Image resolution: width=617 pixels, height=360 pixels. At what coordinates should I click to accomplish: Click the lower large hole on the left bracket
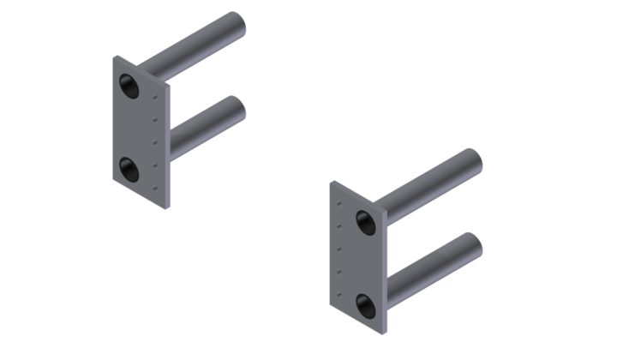coord(130,168)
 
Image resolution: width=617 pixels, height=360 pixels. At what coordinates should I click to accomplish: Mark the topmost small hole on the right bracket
coord(340,204)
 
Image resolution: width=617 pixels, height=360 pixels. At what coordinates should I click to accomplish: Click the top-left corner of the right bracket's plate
coord(332,182)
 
